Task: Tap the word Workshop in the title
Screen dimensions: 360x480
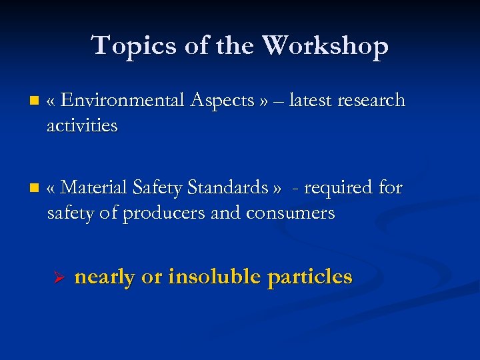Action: click(325, 46)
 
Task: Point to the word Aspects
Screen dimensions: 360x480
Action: click(222, 101)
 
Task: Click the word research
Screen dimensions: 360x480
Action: click(371, 101)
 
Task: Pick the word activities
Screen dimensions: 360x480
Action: click(82, 125)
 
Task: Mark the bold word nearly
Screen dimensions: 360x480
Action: click(105, 277)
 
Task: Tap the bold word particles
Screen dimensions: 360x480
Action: click(310, 277)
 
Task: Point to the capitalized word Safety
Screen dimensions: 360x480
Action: click(159, 189)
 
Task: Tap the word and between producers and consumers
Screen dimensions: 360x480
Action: click(227, 213)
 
